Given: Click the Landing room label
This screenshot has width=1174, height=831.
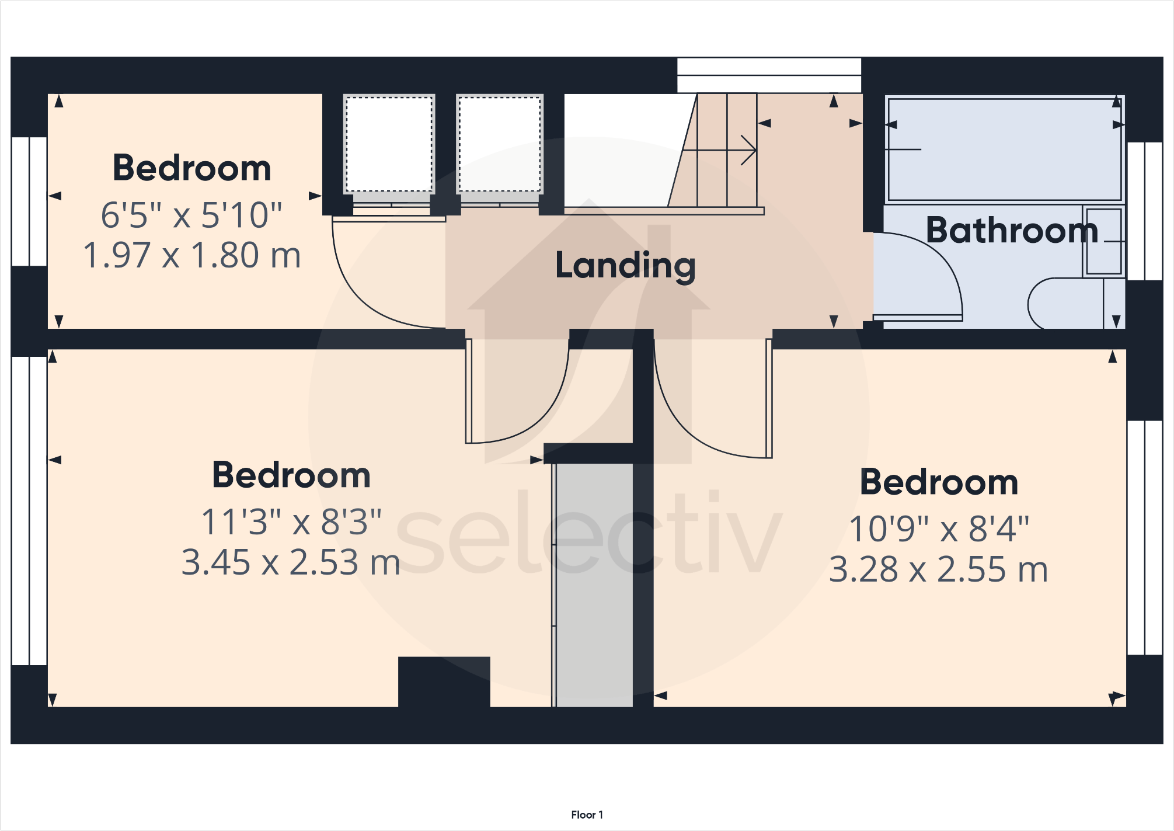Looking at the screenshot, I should [x=625, y=266].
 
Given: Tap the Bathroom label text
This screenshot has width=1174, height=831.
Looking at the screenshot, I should [x=1012, y=230].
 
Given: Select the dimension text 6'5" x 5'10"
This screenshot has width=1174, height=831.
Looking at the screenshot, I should [x=191, y=215].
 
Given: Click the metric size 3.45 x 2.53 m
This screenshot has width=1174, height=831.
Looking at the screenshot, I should [x=291, y=562].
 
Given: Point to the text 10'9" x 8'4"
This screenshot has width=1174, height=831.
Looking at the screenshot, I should [x=939, y=529].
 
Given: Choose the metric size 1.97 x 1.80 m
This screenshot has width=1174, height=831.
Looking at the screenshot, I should [x=191, y=255].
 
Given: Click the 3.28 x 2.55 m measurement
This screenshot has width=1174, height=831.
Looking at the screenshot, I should [x=939, y=569].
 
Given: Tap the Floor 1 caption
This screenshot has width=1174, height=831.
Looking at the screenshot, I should [x=587, y=815].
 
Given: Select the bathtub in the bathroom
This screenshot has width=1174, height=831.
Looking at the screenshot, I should [x=1003, y=149].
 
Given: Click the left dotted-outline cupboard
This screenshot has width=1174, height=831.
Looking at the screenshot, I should [x=389, y=144].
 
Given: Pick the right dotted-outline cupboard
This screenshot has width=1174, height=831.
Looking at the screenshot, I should [x=500, y=144].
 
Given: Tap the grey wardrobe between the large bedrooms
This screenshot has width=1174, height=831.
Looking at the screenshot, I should [x=593, y=584].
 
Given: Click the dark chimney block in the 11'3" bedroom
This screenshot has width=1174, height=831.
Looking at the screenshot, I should [x=444, y=682].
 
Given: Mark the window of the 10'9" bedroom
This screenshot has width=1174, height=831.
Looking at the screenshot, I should [x=1144, y=537].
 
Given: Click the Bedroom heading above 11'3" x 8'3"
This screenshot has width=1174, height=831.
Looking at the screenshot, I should [x=291, y=475].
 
